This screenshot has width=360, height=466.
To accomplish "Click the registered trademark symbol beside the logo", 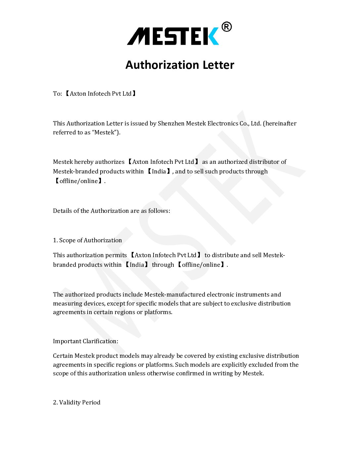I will point(226,27).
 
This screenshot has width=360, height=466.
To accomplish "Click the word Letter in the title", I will point(218,65).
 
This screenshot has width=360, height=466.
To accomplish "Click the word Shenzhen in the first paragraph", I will point(171,123).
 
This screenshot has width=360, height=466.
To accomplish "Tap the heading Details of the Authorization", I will point(112,211).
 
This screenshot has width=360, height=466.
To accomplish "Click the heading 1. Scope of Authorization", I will point(87,240).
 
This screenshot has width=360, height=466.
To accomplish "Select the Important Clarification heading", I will point(85,341).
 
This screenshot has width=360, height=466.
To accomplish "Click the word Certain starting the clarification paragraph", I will point(63,356).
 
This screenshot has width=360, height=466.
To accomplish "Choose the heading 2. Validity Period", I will point(76,402).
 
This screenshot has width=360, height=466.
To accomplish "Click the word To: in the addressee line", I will point(57,94).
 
